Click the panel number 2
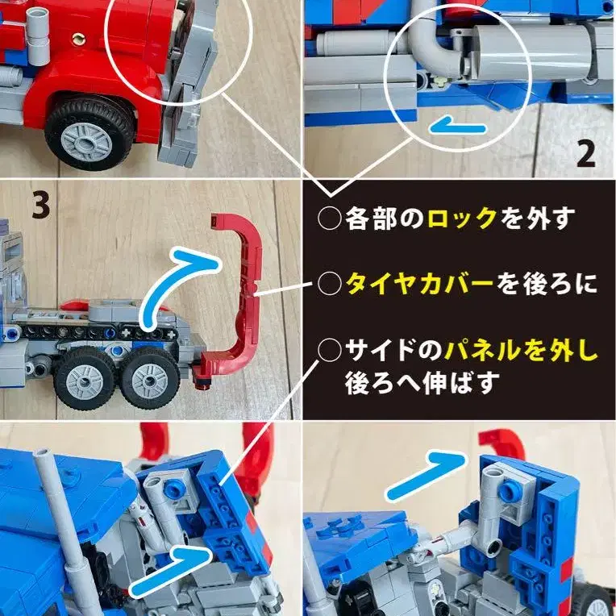[585, 154]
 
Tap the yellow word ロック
[462, 218]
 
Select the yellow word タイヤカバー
[419, 284]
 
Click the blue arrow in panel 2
[458, 127]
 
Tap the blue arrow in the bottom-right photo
[427, 477]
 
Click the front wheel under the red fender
[89, 134]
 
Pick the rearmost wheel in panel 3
[150, 380]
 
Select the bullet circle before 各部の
[329, 219]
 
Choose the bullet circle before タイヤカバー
[329, 284]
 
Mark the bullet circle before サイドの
[329, 350]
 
